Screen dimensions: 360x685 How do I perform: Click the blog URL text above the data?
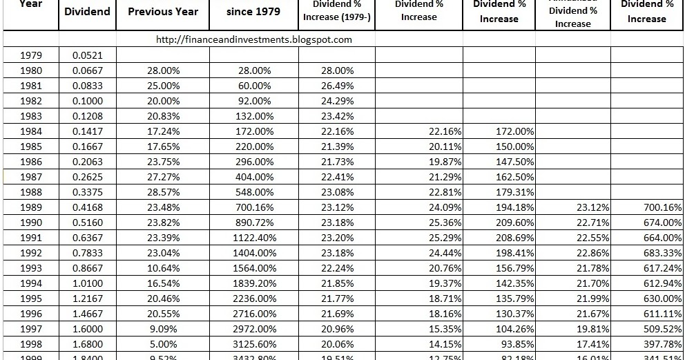click(254, 39)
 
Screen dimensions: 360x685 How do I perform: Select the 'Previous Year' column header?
click(163, 11)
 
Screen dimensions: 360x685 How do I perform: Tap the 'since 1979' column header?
click(254, 11)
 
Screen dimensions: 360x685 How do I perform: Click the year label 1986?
click(31, 162)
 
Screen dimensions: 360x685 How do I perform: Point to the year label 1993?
click(31, 268)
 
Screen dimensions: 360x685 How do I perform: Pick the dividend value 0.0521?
click(88, 55)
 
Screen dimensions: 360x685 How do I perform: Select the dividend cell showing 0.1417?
click(88, 131)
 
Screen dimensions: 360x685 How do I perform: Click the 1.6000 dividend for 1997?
click(88, 329)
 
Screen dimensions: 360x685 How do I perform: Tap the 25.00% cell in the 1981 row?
click(164, 86)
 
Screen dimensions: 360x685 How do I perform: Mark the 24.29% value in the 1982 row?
click(338, 101)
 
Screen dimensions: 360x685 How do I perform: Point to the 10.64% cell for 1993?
click(164, 268)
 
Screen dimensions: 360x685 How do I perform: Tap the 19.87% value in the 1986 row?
click(445, 162)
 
